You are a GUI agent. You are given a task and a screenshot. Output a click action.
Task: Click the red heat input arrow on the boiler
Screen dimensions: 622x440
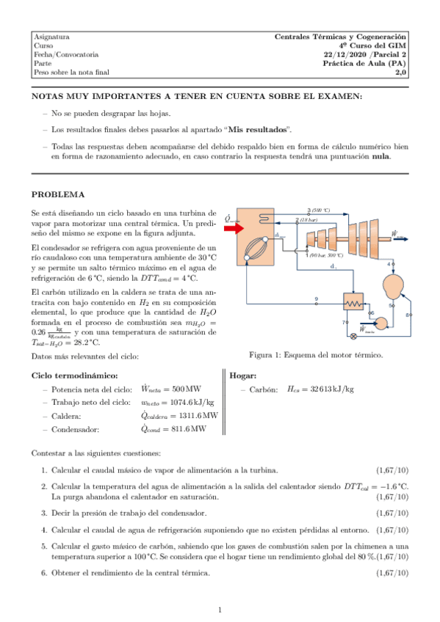pos(233,228)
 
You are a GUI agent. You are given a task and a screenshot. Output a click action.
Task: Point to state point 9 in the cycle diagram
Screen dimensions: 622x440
pos(317,299)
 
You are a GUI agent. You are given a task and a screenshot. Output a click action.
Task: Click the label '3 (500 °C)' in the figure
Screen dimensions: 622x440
pos(319,210)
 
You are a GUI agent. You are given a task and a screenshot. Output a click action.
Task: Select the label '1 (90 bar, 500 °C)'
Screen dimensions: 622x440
pos(324,255)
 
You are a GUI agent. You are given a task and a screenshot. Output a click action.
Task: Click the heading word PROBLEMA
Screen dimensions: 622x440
pos(58,194)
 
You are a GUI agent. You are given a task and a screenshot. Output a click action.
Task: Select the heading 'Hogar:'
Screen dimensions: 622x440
pos(243,375)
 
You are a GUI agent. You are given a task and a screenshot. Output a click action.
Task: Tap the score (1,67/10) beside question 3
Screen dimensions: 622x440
pos(393,513)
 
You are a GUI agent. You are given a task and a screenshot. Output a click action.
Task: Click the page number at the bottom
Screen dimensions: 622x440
pos(220,610)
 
